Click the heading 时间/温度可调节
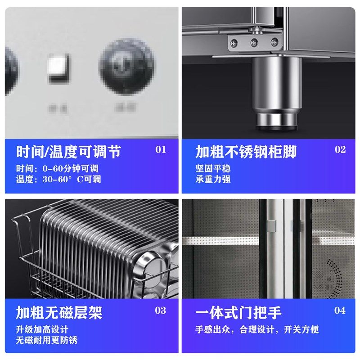pos(68,152)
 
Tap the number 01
pos(161,150)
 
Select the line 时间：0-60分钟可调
pos(57,169)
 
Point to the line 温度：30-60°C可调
pos(58,179)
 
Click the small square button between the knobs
pos(59,68)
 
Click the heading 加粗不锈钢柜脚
pos(246,152)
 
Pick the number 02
pos(340,150)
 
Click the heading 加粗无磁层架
pos(59,312)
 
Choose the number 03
pos(161,310)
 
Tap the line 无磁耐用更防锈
pos(47,340)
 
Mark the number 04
pos(340,310)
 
